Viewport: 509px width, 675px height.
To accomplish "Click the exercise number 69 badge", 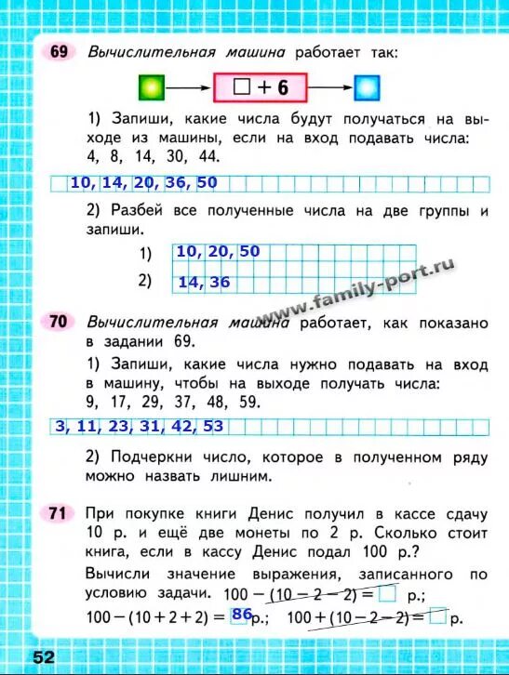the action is tap(58, 53).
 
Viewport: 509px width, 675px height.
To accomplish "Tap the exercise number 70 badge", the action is tap(58, 322).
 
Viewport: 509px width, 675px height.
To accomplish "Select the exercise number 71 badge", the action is tap(58, 512).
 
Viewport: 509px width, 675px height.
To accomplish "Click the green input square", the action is tap(152, 88).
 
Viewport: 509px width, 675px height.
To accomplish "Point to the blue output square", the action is tap(368, 88).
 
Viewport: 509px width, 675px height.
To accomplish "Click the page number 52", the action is tap(44, 656).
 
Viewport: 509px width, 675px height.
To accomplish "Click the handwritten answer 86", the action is tap(242, 614).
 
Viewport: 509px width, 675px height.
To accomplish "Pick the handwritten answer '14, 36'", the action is tap(203, 282).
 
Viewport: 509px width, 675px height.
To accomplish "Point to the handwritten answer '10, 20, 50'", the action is tap(217, 252).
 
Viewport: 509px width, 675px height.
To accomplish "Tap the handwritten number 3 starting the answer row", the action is tap(60, 427).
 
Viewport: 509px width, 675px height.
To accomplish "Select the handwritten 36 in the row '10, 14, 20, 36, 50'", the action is tap(176, 183).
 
